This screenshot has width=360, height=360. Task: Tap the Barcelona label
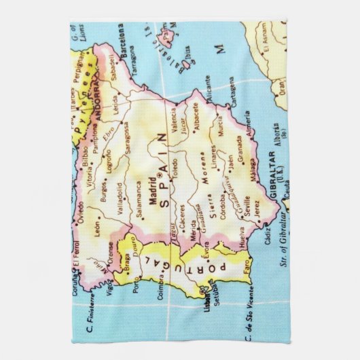click(121, 43)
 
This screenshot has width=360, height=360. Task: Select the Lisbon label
click(206, 298)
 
